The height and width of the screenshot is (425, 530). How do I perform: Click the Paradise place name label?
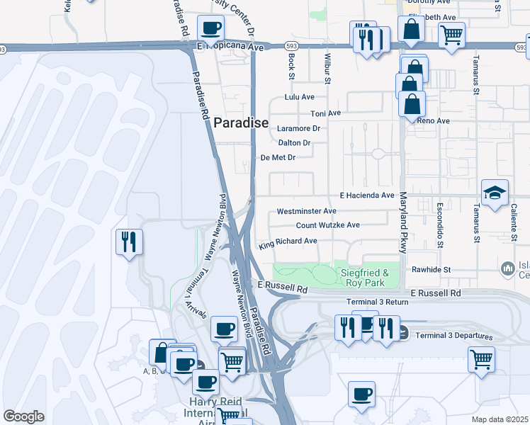[x=241, y=123]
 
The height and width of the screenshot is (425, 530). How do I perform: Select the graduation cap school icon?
[x=495, y=191]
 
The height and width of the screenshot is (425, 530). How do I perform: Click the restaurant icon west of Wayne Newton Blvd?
[x=129, y=242]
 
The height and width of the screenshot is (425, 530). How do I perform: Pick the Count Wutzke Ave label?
[x=327, y=225]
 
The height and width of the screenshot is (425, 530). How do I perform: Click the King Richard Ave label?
[x=288, y=242]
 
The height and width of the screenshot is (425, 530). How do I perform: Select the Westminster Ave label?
[x=306, y=211]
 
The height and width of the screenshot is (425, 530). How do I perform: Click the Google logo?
[x=23, y=416]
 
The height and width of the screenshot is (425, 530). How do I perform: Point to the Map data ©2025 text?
[x=500, y=419]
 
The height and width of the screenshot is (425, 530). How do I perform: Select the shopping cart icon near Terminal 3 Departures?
[x=481, y=358]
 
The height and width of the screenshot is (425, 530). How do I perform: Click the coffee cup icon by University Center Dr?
[x=210, y=28]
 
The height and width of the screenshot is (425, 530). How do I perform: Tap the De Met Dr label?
[x=278, y=158]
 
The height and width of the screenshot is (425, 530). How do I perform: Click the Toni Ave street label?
[x=326, y=113]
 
